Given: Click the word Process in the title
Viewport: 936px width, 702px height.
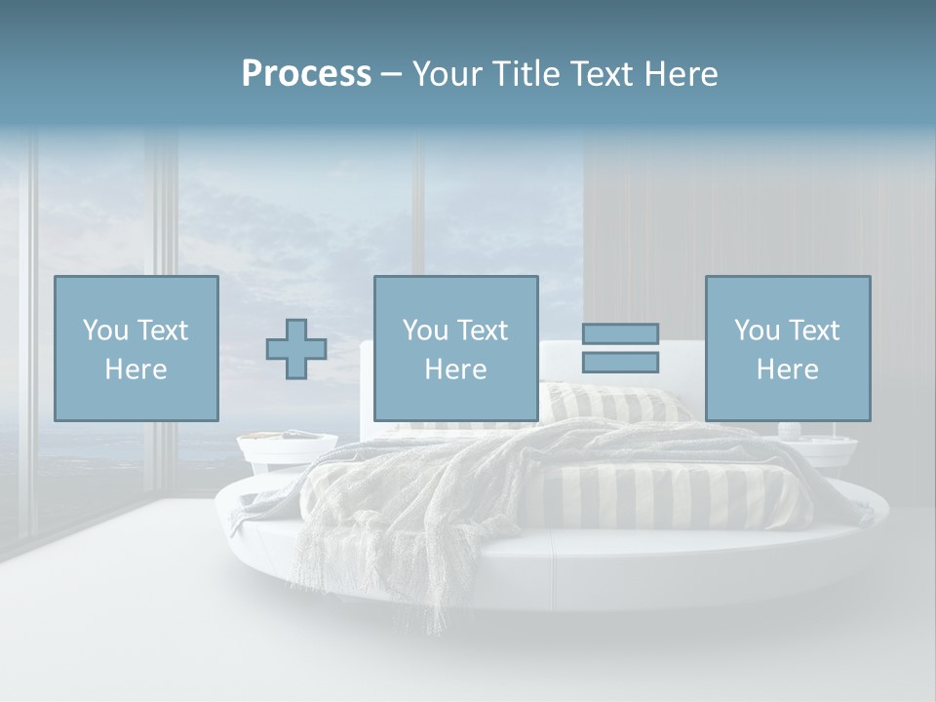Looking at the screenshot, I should coord(306,74).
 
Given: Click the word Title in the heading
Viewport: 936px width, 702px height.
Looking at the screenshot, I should coord(528,74).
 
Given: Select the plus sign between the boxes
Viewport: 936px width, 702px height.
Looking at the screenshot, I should coord(296,349).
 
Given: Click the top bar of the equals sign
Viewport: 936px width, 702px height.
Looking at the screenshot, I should coord(620,333).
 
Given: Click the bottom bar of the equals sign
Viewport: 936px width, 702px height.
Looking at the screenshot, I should coord(620,362).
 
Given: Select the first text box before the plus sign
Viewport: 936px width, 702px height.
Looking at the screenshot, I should coord(136,348).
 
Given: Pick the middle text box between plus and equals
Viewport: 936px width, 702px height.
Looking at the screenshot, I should coord(455,348).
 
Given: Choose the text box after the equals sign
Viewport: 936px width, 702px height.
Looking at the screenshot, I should coord(787,348).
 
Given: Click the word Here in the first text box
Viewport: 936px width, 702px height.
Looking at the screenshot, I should coord(136,370).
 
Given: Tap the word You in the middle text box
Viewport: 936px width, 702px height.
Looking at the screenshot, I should coord(425,331).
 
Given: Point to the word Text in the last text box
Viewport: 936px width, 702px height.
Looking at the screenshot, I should coord(814,331).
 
